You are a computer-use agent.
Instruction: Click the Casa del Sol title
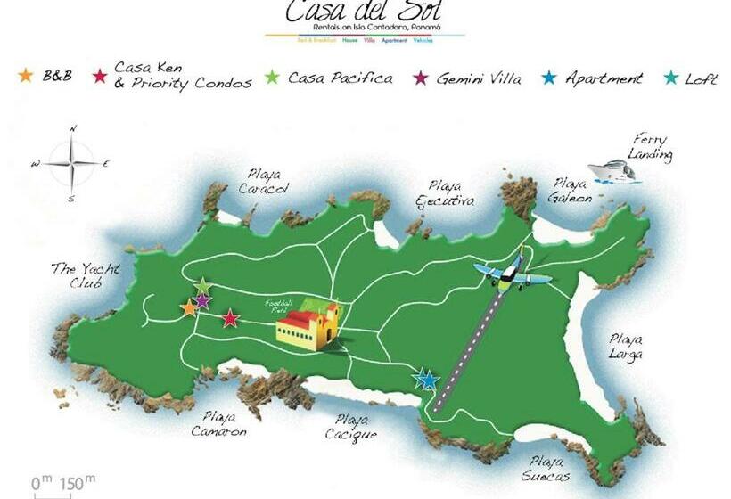pos(364,12)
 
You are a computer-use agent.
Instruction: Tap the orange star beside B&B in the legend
pos(25,76)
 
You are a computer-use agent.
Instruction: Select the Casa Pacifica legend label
pos(340,78)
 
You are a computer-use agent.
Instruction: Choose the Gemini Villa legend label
pos(479,78)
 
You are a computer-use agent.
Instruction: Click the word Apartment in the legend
pos(604,78)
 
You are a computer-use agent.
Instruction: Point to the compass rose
pos(72,164)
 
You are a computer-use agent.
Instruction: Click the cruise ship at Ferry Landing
pos(613,170)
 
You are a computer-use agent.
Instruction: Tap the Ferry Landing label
pos(649,147)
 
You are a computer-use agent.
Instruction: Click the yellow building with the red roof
pos(308,325)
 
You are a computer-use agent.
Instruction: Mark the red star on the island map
pos(230,318)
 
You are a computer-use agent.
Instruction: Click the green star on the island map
pos(203,286)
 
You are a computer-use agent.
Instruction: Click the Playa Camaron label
pos(219,423)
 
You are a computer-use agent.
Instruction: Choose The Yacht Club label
pos(84,274)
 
